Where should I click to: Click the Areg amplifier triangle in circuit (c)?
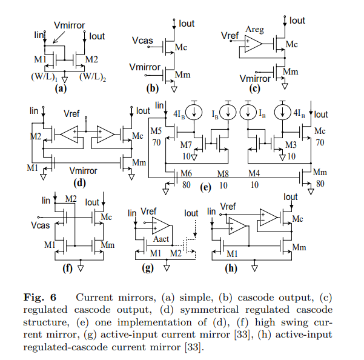pyautogui.click(x=253, y=44)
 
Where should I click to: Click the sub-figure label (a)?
pyautogui.click(x=59, y=88)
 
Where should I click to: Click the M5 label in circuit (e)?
pyautogui.click(x=156, y=131)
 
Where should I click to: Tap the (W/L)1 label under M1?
pyautogui.click(x=44, y=77)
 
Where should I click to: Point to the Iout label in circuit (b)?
pyautogui.click(x=187, y=24)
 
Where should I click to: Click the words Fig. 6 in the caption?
pyautogui.click(x=39, y=298)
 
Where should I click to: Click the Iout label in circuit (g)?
pyautogui.click(x=191, y=213)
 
